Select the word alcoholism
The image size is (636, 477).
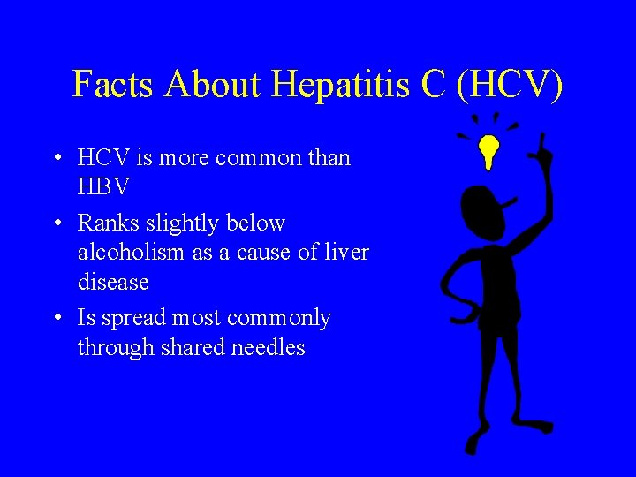click(135, 254)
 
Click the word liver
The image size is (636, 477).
click(348, 254)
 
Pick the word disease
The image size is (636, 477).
click(113, 284)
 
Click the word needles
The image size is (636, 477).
click(268, 348)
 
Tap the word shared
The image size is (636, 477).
click(192, 348)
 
